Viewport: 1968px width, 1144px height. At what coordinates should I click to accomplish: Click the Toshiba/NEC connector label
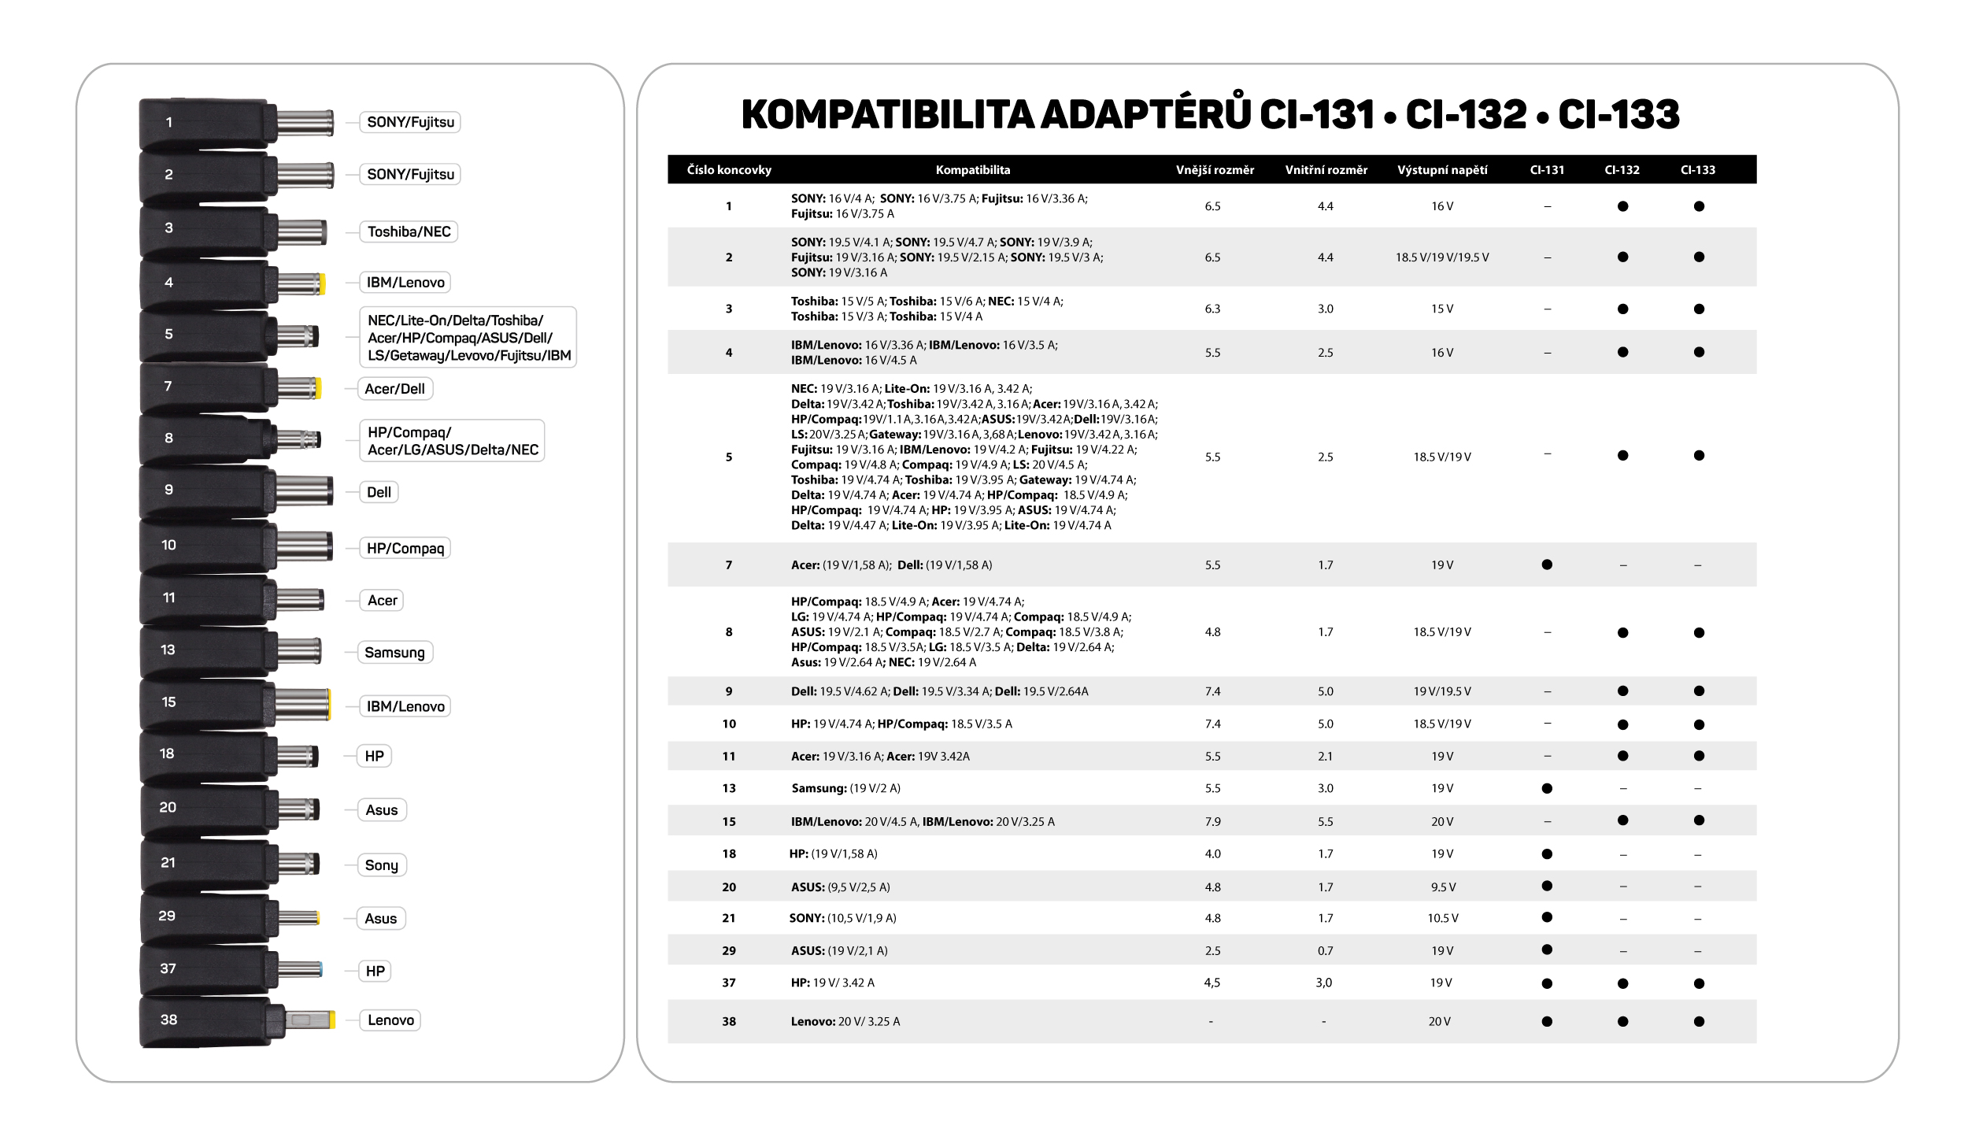point(409,231)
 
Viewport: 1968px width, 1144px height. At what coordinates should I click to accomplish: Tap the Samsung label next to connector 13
point(394,652)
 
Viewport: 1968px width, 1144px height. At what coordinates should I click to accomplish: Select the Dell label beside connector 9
point(379,492)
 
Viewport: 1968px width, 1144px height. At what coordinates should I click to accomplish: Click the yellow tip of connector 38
point(331,1020)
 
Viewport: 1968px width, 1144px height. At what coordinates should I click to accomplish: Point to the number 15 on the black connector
point(168,702)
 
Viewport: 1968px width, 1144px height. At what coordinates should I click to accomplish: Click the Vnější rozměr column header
point(1215,170)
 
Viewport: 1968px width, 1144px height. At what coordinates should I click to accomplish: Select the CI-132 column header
point(1622,170)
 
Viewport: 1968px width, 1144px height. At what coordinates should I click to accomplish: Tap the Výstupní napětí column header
point(1442,170)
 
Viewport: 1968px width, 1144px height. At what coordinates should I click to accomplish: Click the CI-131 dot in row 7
point(1547,565)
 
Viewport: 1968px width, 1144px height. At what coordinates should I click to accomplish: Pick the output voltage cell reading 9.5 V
point(1443,887)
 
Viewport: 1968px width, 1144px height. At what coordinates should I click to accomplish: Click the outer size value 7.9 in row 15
point(1212,822)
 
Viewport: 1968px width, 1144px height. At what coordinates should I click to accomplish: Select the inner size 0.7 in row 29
point(1326,951)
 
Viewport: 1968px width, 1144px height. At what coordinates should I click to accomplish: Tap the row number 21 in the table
point(729,919)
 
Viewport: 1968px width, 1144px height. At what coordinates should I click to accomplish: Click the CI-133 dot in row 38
point(1699,1022)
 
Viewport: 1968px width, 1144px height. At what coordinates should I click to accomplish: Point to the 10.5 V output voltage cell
point(1443,919)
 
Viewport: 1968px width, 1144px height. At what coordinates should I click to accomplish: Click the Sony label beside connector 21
point(381,865)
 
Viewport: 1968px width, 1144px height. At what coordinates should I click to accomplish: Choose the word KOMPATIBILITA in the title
point(887,115)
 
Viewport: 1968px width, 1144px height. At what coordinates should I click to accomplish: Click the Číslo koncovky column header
point(729,170)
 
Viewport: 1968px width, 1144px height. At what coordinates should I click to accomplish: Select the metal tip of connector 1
point(305,123)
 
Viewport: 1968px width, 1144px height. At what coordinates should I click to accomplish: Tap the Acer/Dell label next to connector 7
point(394,389)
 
